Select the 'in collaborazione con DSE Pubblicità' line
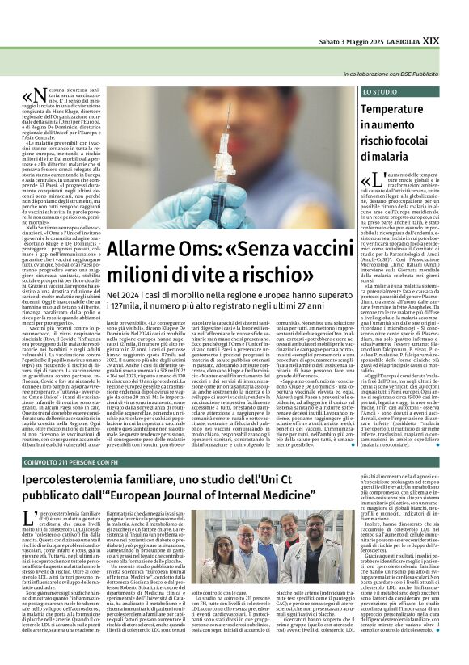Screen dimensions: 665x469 coord(397,74)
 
